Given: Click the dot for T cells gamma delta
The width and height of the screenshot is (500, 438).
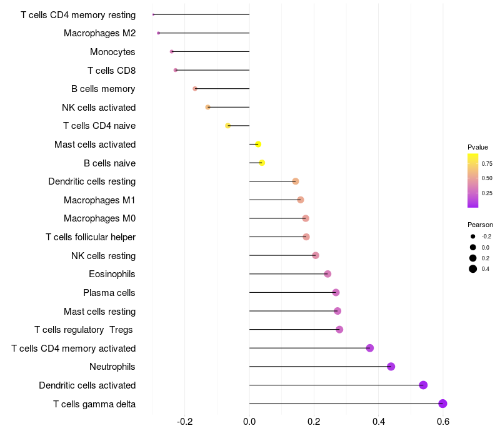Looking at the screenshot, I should point(442,404).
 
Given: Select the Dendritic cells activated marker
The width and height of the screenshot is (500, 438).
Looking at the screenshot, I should point(423,385).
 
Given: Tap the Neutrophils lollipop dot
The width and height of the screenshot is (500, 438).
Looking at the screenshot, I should point(391,367).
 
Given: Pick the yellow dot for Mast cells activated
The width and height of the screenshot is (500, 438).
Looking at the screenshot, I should point(258,145).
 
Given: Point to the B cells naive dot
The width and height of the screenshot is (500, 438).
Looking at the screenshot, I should point(262,163).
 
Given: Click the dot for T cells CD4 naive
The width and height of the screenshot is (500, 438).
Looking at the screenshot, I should point(228,126).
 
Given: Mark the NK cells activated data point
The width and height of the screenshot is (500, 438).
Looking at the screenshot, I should point(208,107).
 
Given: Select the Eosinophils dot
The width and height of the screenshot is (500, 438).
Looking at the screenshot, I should point(327,274).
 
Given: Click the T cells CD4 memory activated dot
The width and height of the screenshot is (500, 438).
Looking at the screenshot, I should point(370,348).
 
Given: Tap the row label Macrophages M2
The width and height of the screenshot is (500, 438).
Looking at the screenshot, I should point(99,33).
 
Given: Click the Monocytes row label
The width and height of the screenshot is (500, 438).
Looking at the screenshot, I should point(112,52).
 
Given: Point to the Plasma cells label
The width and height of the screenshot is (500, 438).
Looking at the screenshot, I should point(109,293).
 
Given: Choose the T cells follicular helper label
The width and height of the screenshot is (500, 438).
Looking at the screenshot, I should point(91,237).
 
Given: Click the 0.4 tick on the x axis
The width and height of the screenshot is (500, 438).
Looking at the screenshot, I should point(379,422).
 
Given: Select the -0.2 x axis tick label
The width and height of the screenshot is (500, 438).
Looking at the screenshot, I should point(185,422).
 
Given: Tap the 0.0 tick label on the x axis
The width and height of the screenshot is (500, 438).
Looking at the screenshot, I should point(249,422).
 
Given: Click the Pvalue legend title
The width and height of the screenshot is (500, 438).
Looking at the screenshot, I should point(477,147).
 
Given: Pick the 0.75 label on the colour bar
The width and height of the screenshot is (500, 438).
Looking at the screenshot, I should point(487,163).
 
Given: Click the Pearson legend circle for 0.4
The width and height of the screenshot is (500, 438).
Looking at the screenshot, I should point(473,269).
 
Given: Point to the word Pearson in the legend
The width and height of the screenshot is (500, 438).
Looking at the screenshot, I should point(480,225).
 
